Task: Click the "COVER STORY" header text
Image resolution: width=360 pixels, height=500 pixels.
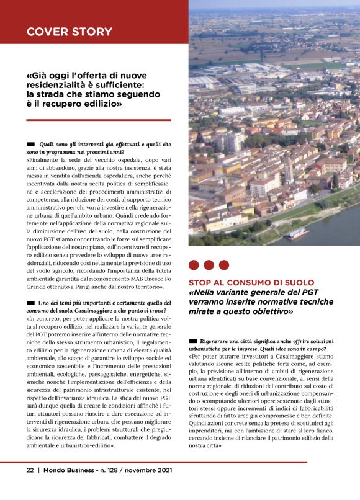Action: pos(69,32)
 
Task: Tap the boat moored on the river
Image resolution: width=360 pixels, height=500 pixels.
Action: pos(297,234)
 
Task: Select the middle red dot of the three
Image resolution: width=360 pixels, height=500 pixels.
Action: pos(209,265)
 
